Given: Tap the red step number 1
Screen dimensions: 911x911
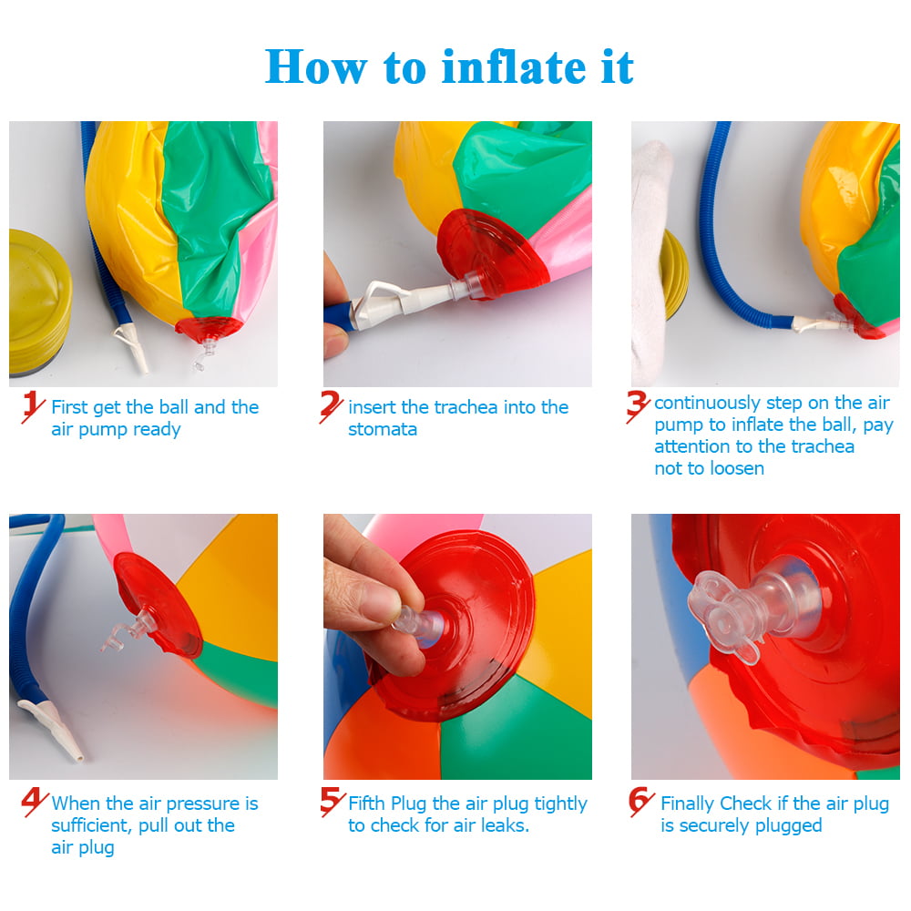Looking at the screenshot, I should click(x=34, y=407).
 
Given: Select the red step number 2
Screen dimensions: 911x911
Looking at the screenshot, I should click(x=332, y=407).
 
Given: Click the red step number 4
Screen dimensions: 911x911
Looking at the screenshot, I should click(x=35, y=803).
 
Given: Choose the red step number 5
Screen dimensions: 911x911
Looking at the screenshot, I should click(x=332, y=802).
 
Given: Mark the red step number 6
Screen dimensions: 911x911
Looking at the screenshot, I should click(x=641, y=802).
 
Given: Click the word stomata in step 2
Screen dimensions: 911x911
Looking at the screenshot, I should click(x=383, y=429).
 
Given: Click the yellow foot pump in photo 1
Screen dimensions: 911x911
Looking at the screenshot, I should click(x=38, y=301).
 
